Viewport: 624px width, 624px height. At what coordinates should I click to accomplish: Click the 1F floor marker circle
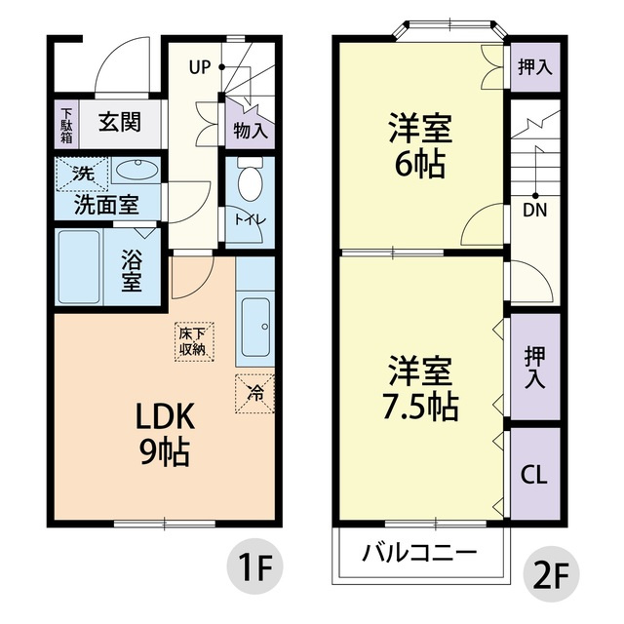pos(254,566)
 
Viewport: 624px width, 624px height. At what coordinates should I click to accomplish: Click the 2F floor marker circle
pos(550,574)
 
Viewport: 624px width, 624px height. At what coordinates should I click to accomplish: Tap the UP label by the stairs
pos(199,67)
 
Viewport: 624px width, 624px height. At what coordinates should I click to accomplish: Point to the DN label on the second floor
pos(535,211)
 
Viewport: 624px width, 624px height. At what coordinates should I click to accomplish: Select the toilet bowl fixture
pos(250,179)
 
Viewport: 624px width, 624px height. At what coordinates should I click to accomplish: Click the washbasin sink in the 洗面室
pos(136,171)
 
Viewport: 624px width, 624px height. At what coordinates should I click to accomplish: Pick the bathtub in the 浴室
pos(79,267)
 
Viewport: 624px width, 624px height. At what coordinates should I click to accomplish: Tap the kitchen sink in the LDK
pos(255,328)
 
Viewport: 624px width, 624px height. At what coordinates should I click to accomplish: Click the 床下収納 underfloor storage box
pos(194,342)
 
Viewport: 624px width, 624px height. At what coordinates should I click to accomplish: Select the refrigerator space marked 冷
pos(254,394)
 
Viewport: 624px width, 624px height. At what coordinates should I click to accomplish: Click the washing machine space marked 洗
pos(82,174)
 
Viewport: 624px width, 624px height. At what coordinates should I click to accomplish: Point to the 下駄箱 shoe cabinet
pos(66,124)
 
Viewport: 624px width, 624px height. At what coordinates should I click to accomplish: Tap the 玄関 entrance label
pos(119,122)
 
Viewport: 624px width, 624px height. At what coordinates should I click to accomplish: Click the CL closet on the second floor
pos(535,474)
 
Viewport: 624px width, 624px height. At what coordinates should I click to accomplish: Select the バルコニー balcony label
pos(419,553)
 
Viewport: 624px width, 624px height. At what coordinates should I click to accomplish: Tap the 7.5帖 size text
pos(420,408)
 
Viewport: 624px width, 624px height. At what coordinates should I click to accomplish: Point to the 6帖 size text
pos(419,165)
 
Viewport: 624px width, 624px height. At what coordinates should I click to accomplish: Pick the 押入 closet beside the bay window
pos(535,67)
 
